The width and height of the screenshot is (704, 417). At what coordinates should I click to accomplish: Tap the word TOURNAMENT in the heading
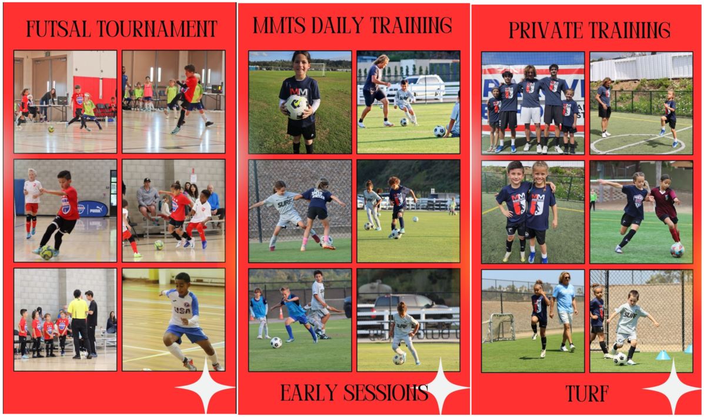pyautogui.click(x=157, y=29)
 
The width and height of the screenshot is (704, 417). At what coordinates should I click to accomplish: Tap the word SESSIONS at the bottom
pyautogui.click(x=386, y=393)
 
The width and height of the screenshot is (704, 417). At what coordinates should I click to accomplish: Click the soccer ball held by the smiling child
pyautogui.click(x=296, y=107)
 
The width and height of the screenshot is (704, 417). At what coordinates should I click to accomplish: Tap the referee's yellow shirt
pyautogui.click(x=78, y=308)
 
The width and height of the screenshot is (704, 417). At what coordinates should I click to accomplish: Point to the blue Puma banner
pyautogui.click(x=92, y=209)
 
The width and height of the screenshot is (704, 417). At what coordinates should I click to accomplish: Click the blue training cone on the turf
pyautogui.click(x=663, y=355)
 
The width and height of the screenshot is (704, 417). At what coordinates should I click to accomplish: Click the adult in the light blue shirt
pyautogui.click(x=564, y=311)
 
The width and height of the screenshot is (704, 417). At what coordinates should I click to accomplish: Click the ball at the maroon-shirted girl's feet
pyautogui.click(x=677, y=250)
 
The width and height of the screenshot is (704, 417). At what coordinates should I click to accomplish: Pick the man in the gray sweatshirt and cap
pyautogui.click(x=148, y=200)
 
